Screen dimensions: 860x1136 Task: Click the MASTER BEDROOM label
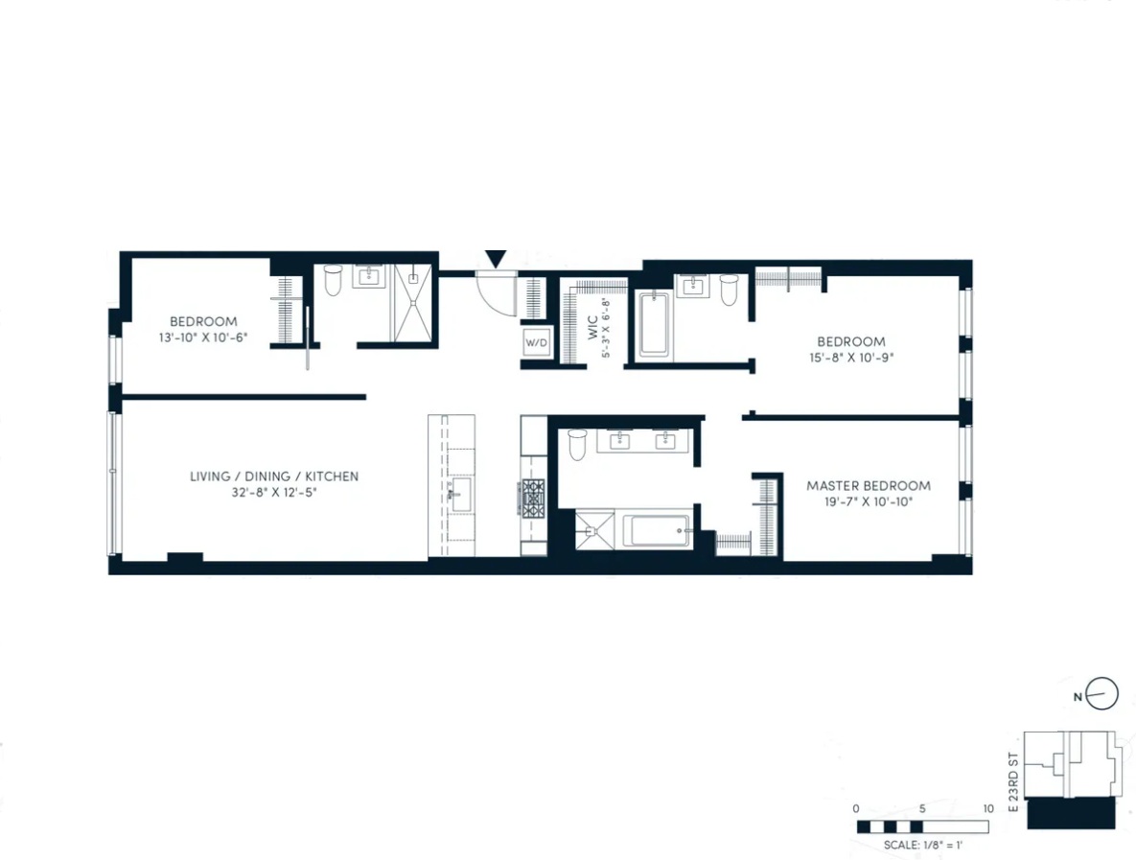click(868, 485)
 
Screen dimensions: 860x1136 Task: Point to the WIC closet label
click(592, 319)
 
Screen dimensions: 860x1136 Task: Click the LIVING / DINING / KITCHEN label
click(273, 476)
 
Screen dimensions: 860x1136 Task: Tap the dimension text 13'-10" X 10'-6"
click(202, 337)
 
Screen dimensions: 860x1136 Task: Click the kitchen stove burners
click(533, 498)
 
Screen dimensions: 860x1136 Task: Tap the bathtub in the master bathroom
click(657, 530)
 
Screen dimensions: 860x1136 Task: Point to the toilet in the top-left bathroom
click(333, 280)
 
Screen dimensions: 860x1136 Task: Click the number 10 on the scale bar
click(987, 808)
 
